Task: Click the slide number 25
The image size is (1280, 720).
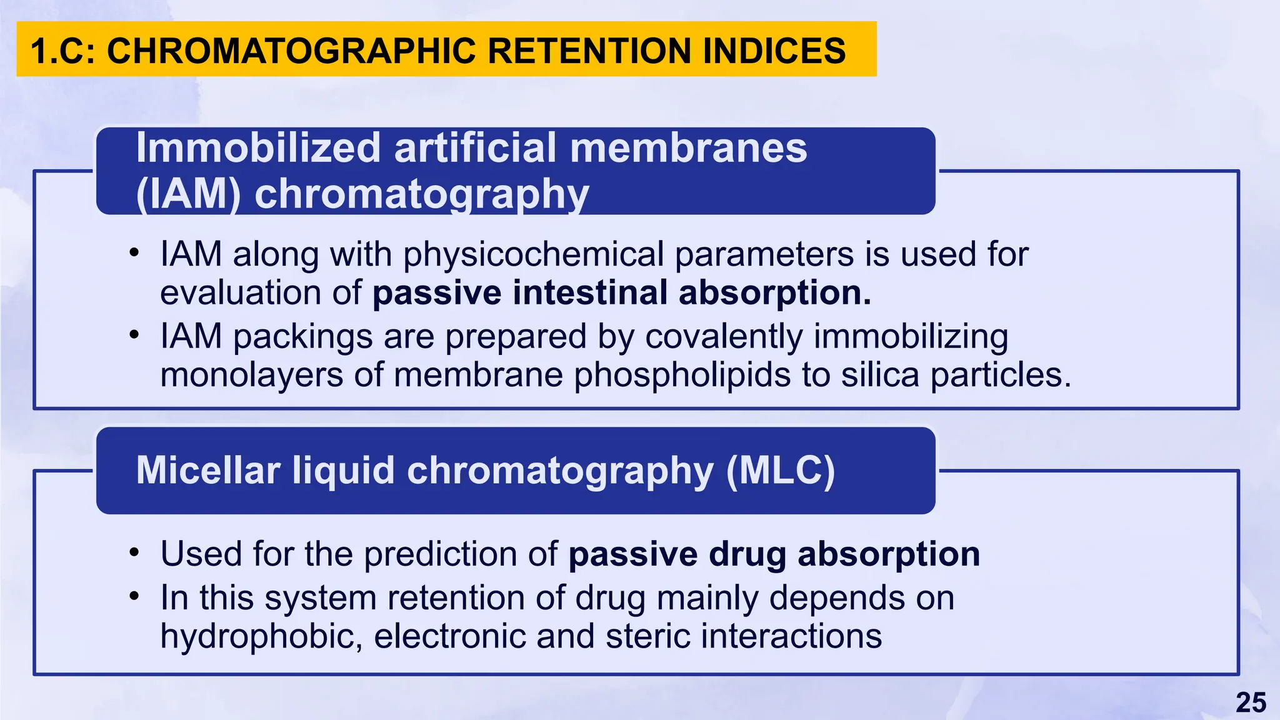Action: pyautogui.click(x=1251, y=702)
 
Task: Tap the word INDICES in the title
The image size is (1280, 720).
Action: pyautogui.click(x=774, y=51)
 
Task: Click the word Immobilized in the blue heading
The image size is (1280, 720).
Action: pyautogui.click(x=258, y=148)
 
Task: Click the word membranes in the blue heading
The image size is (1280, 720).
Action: pyautogui.click(x=688, y=148)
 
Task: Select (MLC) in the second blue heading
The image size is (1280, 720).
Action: pyautogui.click(x=780, y=470)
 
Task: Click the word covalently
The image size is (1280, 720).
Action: pyautogui.click(x=724, y=336)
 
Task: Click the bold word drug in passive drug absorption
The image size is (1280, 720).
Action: pyautogui.click(x=747, y=554)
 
